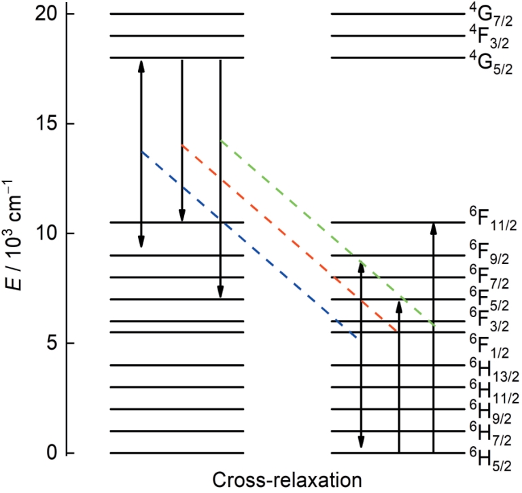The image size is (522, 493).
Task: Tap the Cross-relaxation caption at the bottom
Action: coord(287,480)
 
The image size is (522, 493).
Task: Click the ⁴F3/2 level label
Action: coord(489,37)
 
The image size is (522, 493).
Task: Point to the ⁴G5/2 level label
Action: coord(491,62)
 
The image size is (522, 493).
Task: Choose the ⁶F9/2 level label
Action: coord(489,253)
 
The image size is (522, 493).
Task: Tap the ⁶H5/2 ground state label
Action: coord(490,460)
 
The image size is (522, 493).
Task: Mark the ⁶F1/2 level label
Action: coord(489,346)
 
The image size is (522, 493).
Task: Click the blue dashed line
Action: coord(249,245)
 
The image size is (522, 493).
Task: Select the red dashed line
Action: coord(289,238)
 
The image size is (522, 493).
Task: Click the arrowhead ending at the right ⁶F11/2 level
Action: coord(434,229)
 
